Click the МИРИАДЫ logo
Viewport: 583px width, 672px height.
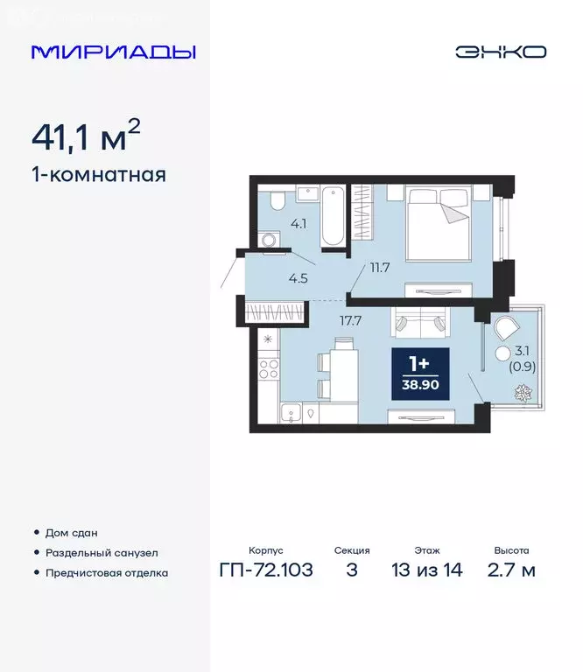tap(113, 51)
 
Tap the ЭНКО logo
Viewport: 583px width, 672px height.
tap(500, 51)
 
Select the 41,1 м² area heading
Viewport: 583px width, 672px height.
tap(85, 137)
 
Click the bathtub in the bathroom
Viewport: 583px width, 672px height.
tap(333, 216)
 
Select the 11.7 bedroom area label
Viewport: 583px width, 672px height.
tap(379, 268)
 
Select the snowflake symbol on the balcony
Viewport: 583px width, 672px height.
tap(524, 391)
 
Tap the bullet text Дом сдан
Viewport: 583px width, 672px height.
tap(72, 533)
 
